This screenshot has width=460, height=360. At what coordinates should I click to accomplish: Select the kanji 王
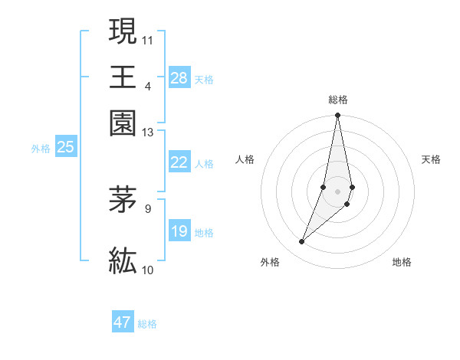pyautogui.click(x=123, y=77)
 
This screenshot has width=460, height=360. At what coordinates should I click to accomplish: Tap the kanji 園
pyautogui.click(x=123, y=123)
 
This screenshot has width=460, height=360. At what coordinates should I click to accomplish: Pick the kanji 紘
pyautogui.click(x=123, y=260)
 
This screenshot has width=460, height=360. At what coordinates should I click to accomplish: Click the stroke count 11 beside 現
pyautogui.click(x=148, y=38)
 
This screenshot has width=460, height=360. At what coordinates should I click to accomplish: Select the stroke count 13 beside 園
pyautogui.click(x=148, y=133)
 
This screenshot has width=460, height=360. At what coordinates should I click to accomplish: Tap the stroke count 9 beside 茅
pyautogui.click(x=148, y=208)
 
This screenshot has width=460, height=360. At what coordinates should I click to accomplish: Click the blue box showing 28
pyautogui.click(x=179, y=78)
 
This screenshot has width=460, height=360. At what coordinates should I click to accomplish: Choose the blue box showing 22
pyautogui.click(x=179, y=162)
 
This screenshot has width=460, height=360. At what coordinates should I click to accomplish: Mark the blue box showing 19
pyautogui.click(x=179, y=231)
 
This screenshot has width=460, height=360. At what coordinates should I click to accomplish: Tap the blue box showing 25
pyautogui.click(x=65, y=147)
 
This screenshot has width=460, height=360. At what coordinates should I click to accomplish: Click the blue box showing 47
pyautogui.click(x=123, y=322)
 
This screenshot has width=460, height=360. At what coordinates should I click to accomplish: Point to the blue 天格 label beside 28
pyautogui.click(x=204, y=79)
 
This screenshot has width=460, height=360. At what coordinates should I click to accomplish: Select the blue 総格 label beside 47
pyautogui.click(x=147, y=324)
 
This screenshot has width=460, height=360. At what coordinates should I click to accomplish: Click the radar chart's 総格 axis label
pyautogui.click(x=337, y=100)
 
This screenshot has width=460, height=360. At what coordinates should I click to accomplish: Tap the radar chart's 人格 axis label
pyautogui.click(x=245, y=159)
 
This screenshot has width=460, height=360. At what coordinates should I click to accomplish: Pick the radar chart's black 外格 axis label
pyautogui.click(x=270, y=262)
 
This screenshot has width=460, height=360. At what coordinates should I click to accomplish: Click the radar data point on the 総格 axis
pyautogui.click(x=337, y=116)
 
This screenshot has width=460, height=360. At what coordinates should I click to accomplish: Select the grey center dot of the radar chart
pyautogui.click(x=337, y=191)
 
